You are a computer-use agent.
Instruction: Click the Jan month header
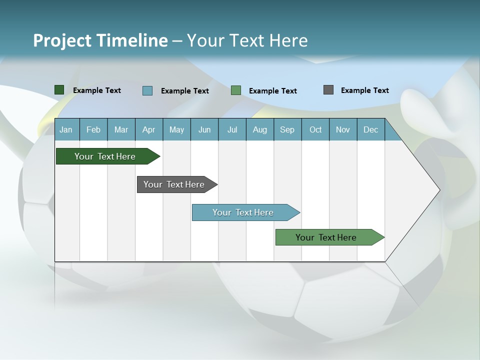(x=66, y=130)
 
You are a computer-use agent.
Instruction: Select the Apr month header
(x=148, y=130)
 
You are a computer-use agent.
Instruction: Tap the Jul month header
(x=232, y=130)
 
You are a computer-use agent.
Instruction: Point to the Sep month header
(x=287, y=130)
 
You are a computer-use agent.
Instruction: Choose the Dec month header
(x=370, y=130)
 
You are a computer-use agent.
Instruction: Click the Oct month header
(x=315, y=130)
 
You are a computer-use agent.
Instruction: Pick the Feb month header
(x=93, y=130)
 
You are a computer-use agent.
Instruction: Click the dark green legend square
(x=59, y=90)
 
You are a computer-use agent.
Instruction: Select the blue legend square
(x=147, y=90)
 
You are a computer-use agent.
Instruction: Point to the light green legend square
(x=236, y=90)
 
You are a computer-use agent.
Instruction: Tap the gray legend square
(x=328, y=90)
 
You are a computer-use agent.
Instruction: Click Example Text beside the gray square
(x=364, y=90)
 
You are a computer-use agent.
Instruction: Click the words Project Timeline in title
(x=100, y=40)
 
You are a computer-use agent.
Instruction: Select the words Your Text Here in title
(x=247, y=40)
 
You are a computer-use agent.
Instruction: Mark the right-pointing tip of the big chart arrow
(x=438, y=190)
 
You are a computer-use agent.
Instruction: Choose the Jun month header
(x=204, y=130)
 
